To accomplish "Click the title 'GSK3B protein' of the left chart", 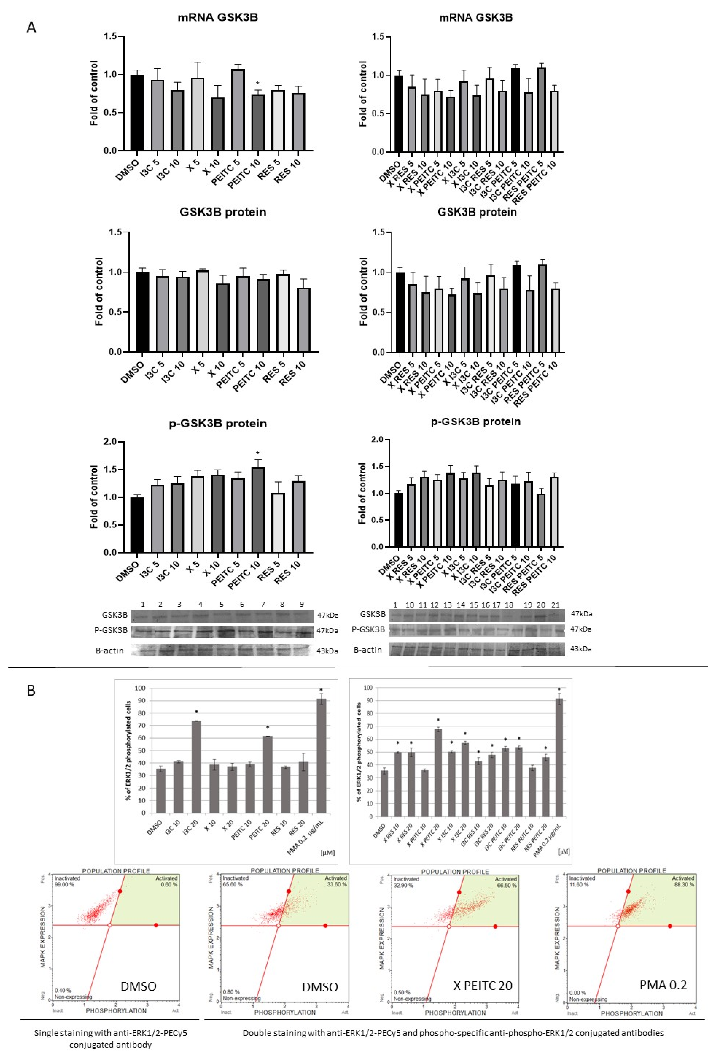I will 222,212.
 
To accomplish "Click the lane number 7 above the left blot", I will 263,604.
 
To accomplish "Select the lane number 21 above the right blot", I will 555,605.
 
